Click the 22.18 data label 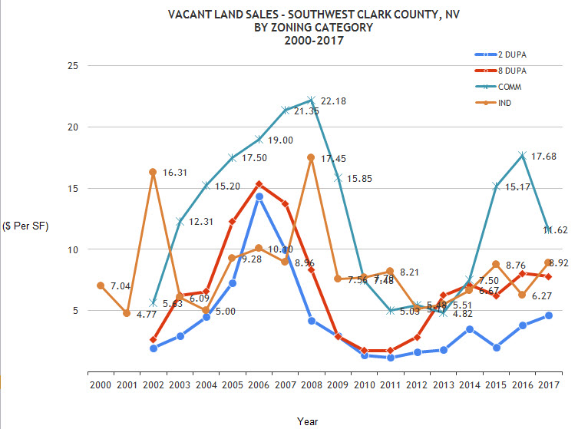(x=337, y=102)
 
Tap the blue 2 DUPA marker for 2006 (x=259, y=196)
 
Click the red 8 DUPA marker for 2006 (x=259, y=184)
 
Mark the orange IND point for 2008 (x=311, y=157)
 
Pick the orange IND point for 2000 (x=101, y=285)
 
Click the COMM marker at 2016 (x=523, y=155)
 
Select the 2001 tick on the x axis (x=127, y=384)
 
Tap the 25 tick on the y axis (x=74, y=66)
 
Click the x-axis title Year (x=307, y=421)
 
